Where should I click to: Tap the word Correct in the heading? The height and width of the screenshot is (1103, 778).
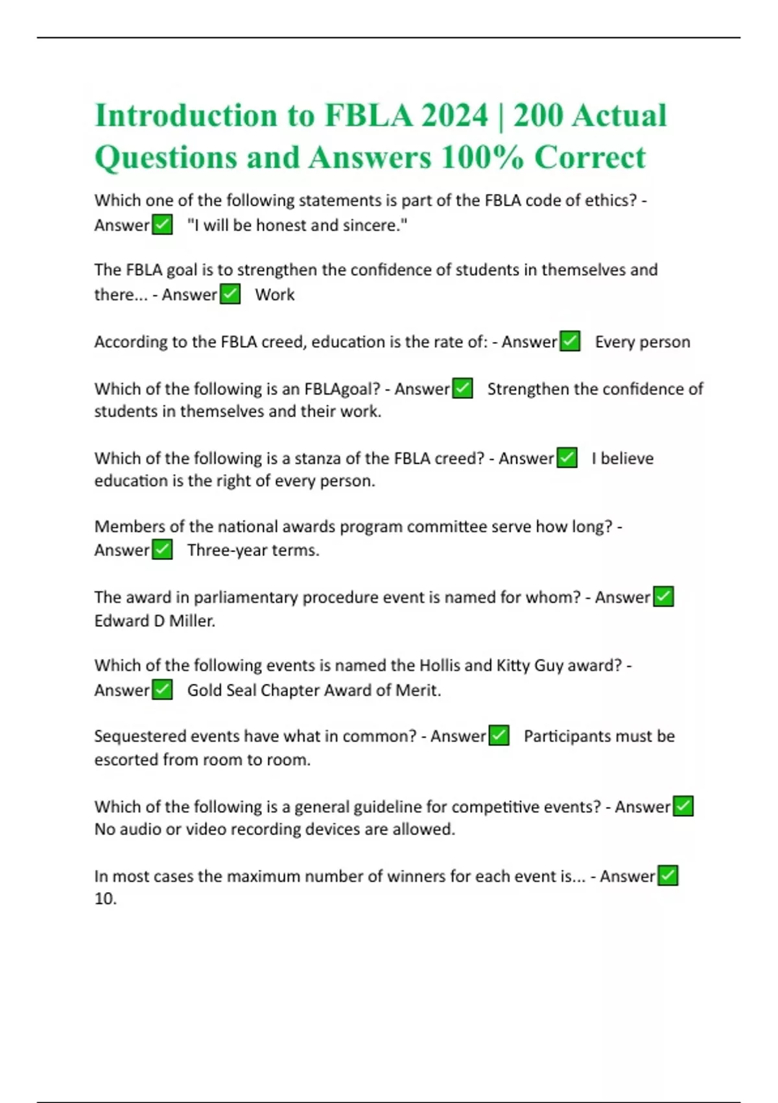pos(590,157)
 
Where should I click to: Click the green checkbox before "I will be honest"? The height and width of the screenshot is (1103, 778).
pos(162,224)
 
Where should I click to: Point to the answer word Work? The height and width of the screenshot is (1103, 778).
pos(275,295)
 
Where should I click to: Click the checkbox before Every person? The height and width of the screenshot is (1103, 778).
pos(570,341)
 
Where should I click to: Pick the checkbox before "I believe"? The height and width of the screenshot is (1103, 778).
pos(567,457)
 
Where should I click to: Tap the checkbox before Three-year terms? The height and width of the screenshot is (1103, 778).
pos(162,550)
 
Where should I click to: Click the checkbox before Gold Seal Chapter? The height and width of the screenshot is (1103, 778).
pos(162,689)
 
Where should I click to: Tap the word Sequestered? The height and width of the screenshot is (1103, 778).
pos(136,736)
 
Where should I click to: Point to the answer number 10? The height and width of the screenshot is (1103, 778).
pos(104,899)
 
